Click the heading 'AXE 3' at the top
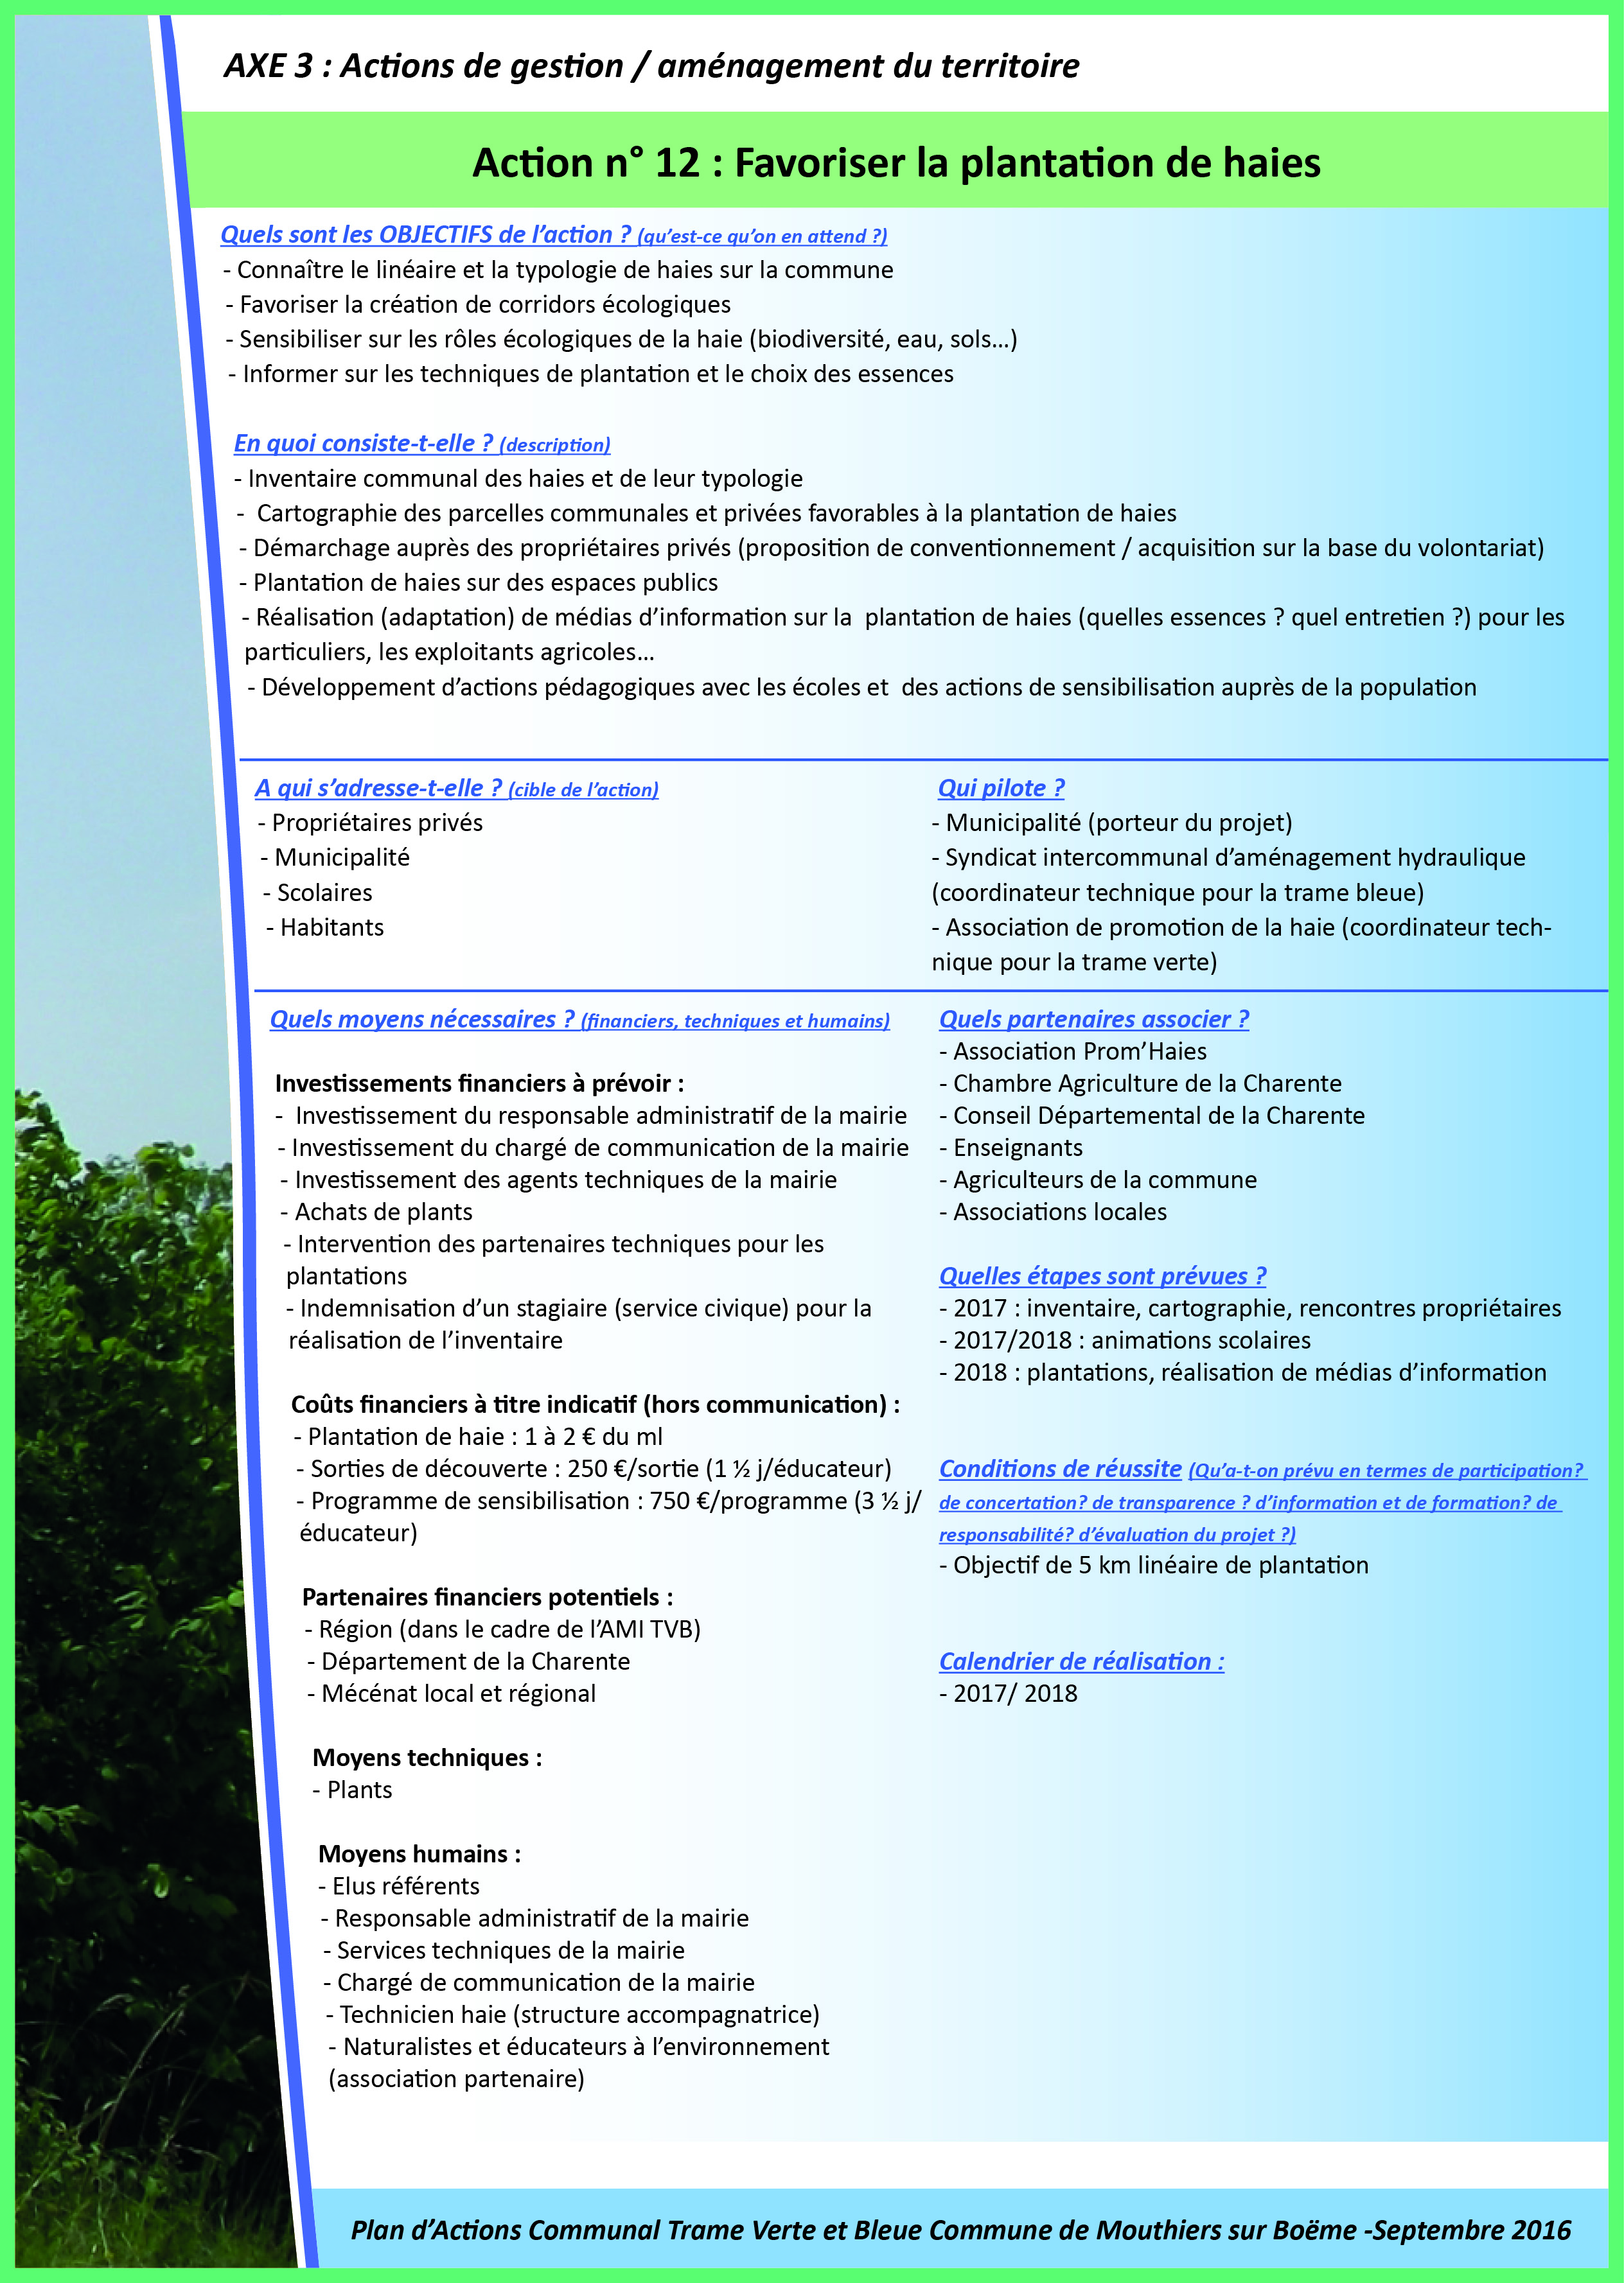coord(268,66)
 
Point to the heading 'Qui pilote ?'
coord(1000,788)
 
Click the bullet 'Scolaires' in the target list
coord(324,893)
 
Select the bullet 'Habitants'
coord(331,927)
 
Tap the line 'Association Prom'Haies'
coord(1079,1051)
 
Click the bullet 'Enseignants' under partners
coord(1017,1148)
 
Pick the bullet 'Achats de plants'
coord(383,1211)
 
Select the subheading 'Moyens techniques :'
coord(427,1757)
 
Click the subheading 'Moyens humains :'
coord(419,1854)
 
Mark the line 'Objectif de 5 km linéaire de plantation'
coord(1160,1565)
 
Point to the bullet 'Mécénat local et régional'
coord(458,1693)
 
